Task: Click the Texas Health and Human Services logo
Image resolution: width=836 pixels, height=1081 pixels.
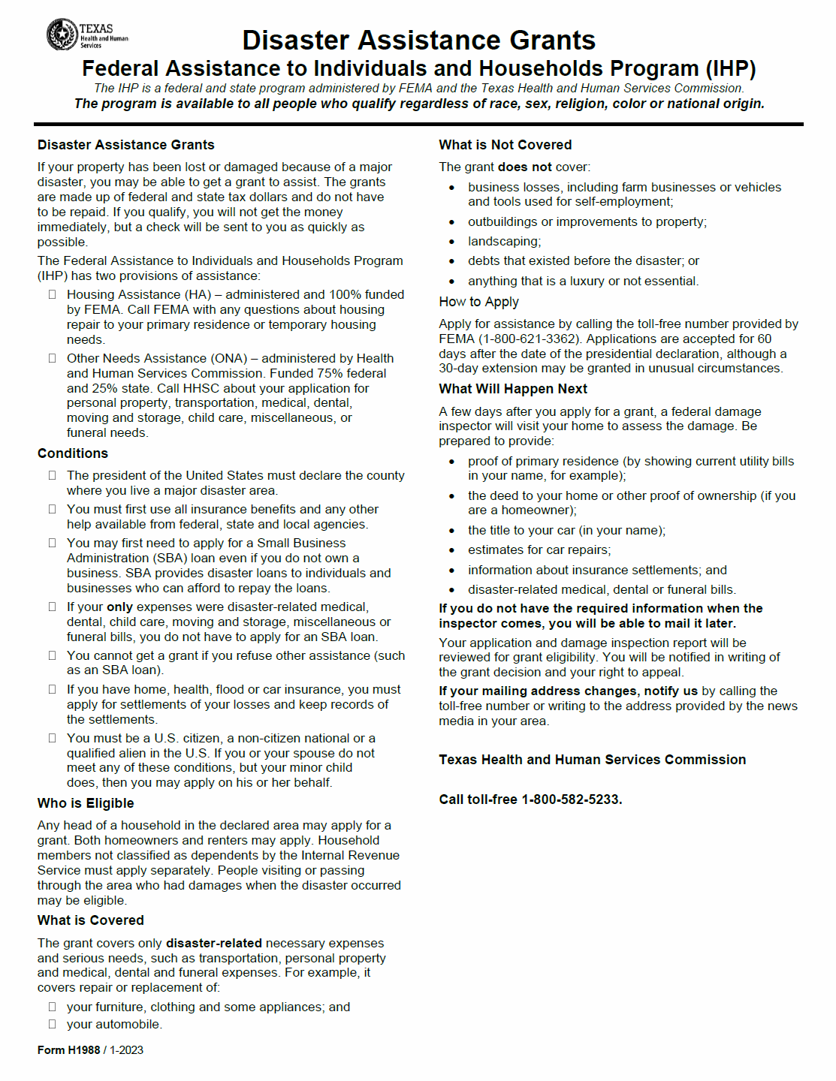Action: point(86,35)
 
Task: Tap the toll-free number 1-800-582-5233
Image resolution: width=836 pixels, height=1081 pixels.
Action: point(572,799)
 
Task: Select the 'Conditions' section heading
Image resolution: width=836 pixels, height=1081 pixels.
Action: point(73,453)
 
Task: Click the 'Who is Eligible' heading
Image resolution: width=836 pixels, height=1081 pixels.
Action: point(86,803)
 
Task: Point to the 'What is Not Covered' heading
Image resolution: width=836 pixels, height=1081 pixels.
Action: point(506,145)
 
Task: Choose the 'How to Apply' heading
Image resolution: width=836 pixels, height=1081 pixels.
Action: point(478,302)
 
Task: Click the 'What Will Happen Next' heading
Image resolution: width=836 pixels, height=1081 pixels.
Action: point(513,389)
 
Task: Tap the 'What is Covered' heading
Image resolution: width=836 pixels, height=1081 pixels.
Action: point(91,920)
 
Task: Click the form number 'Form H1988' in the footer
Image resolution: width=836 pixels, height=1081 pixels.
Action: point(68,1050)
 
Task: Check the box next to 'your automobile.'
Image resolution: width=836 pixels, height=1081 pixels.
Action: point(53,1024)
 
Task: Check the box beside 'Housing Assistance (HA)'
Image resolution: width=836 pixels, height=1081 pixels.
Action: point(53,294)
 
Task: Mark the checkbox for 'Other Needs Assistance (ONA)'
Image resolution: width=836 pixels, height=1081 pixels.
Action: point(53,358)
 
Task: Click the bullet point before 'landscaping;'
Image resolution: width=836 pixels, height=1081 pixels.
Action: point(451,242)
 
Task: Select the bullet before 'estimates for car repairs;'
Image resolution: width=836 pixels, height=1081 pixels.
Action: point(451,550)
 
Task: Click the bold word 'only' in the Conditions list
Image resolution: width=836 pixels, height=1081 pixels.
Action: point(119,607)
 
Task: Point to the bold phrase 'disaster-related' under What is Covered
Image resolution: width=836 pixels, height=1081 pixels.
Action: point(214,943)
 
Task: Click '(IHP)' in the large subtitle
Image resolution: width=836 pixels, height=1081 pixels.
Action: point(730,68)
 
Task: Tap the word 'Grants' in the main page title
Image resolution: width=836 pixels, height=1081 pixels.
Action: point(552,40)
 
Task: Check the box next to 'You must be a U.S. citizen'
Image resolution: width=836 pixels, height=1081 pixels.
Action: point(53,738)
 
